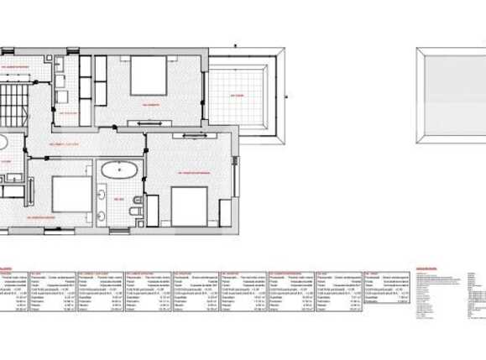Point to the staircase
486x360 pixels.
pyautogui.click(x=15, y=91)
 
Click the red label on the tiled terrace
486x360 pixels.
pyautogui.click(x=237, y=96)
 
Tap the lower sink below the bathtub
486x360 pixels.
pyautogui.click(x=101, y=215)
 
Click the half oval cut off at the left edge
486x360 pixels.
pyautogui.click(x=3, y=142)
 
